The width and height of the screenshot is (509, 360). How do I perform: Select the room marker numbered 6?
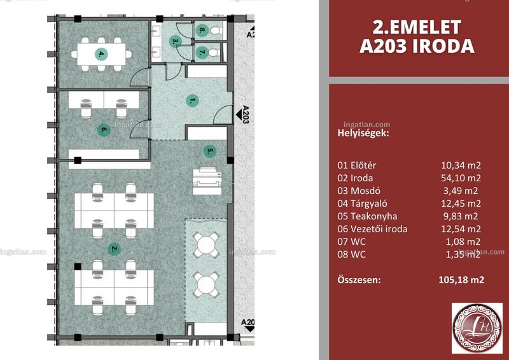(x=104, y=130)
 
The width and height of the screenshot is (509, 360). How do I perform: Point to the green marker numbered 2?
(x=114, y=249)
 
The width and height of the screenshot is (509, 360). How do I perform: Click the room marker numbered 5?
(x=210, y=151)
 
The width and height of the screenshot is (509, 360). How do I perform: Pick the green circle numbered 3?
(x=175, y=41)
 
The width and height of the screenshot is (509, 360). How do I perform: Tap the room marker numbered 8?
(x=202, y=31)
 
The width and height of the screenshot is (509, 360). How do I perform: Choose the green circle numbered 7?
(x=202, y=52)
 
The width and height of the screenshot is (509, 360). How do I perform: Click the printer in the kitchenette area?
(x=207, y=181)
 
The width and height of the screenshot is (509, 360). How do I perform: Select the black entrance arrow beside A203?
(x=239, y=114)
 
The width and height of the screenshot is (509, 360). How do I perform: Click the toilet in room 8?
(x=216, y=31)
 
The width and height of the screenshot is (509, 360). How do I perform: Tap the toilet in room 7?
(x=214, y=52)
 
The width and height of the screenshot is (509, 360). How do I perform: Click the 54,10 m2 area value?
(x=461, y=178)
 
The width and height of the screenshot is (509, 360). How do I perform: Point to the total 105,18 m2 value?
(x=461, y=279)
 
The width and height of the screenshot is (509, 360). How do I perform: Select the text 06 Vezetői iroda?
(x=372, y=229)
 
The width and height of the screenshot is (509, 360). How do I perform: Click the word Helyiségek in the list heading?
(x=363, y=133)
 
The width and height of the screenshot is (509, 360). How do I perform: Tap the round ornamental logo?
(x=477, y=328)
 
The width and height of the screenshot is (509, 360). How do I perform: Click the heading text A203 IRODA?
(x=417, y=46)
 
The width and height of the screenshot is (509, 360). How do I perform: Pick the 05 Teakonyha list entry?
(x=367, y=216)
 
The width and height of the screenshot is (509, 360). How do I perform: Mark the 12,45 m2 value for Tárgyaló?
(x=461, y=204)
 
